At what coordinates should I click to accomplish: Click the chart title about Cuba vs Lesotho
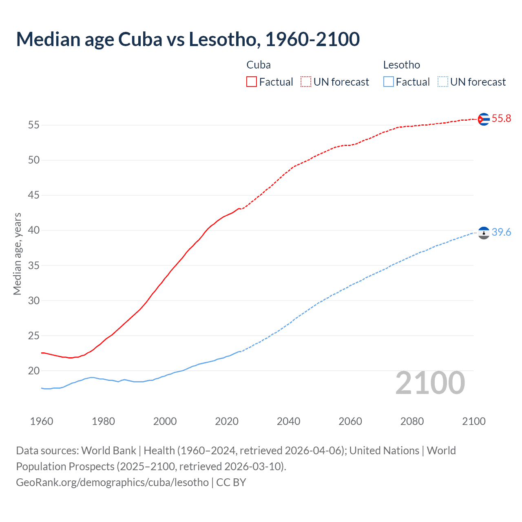click(188, 39)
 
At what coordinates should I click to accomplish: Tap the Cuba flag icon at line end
click(483, 119)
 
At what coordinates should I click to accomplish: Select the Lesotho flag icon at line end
click(483, 233)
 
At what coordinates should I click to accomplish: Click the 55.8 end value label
click(501, 119)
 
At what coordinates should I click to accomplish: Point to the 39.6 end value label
click(501, 232)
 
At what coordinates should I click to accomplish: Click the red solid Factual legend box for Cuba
click(252, 82)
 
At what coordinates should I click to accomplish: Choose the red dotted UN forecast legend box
click(306, 82)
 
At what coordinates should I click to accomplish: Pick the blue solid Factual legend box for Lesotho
click(389, 82)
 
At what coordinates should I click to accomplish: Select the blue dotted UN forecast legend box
click(442, 82)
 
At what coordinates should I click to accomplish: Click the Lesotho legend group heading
click(401, 65)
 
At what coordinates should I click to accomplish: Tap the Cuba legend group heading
click(259, 65)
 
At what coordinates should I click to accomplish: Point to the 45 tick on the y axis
click(34, 195)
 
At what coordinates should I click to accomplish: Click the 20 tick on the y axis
click(34, 371)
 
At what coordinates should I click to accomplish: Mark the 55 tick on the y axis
click(34, 125)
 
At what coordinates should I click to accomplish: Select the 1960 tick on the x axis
click(42, 421)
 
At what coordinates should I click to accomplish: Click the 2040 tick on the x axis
click(288, 421)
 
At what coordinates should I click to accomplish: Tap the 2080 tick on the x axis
click(412, 421)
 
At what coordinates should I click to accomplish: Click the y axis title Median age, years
click(17, 254)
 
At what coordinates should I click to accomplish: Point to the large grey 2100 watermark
click(430, 383)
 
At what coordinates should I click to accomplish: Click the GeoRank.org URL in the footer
click(112, 482)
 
